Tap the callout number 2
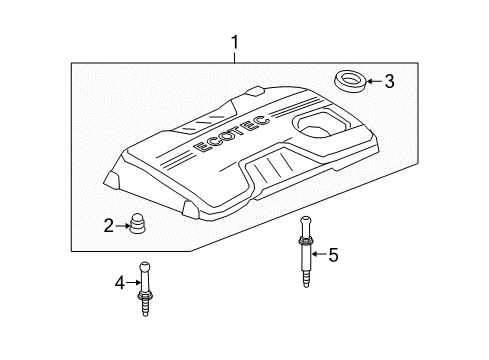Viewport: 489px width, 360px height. coord(109,225)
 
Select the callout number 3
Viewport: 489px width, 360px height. coord(390,82)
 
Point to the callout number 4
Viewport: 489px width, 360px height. coord(119,284)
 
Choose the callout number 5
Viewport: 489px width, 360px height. coord(334,256)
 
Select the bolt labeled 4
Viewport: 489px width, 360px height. coord(147,290)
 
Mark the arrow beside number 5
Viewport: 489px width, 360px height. coord(319,256)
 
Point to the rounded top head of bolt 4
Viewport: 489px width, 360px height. coord(146,265)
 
